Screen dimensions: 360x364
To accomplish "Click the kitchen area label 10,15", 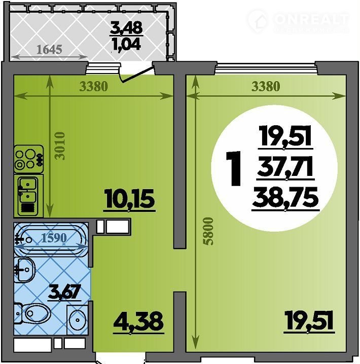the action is (130, 199).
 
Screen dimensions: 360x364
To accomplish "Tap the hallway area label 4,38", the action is (138, 322).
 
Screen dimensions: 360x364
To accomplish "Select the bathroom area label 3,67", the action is (64, 292).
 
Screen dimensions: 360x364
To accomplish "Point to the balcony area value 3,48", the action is (126, 28).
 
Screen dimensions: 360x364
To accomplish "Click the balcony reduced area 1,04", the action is (127, 44).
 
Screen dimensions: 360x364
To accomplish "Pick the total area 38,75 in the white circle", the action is (285, 198).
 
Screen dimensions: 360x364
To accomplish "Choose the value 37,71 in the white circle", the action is (285, 167).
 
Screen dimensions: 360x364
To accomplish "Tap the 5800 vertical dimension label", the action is (207, 231).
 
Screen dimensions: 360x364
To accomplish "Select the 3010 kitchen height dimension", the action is (60, 146).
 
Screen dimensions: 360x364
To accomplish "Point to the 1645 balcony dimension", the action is (49, 49).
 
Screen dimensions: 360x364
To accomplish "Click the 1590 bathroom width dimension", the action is (54, 237).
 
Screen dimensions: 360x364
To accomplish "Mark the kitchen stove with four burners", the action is (28, 159).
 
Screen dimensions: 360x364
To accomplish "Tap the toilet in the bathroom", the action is (32, 313).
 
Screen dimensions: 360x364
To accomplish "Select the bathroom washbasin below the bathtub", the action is (24, 269).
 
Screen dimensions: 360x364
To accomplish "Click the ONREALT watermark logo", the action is (300, 20).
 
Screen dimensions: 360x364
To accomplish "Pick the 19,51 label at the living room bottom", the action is (308, 320).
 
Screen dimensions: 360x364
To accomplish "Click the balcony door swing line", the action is (136, 75).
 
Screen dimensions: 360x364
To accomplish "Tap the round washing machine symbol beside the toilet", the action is (77, 320).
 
